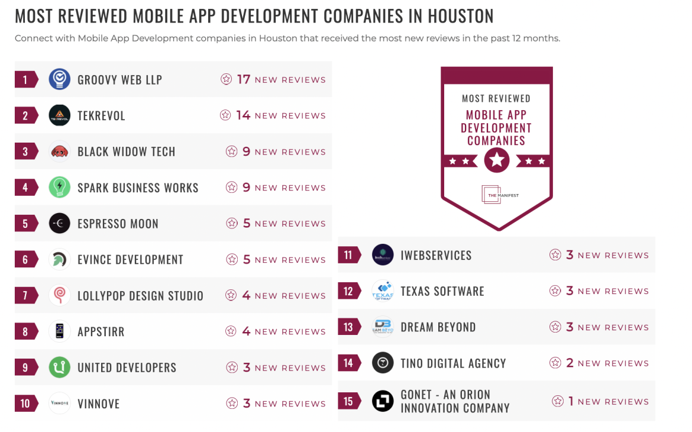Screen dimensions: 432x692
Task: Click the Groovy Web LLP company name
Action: click(119, 80)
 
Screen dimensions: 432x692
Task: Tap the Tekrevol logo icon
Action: click(60, 115)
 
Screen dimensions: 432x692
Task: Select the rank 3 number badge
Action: click(25, 151)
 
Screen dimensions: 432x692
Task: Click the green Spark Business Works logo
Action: click(60, 188)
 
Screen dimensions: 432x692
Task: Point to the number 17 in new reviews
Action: click(244, 79)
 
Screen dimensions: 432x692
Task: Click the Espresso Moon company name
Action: click(118, 224)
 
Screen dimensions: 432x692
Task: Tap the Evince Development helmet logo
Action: click(60, 259)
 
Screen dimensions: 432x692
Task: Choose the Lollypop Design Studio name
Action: click(140, 296)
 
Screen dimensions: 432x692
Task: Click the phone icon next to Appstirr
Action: click(60, 331)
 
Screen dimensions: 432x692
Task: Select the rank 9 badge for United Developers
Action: click(25, 367)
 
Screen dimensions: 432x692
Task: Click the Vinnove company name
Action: click(98, 404)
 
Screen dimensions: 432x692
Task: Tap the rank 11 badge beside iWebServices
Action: click(348, 255)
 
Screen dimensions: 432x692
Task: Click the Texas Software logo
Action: click(383, 291)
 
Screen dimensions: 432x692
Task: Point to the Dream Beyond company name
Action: click(438, 327)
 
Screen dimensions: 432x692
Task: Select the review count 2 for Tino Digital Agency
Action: click(570, 363)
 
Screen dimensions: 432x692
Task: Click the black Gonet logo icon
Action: click(383, 401)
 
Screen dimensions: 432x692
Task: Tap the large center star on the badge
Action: click(496, 160)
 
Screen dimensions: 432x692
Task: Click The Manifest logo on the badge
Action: click(500, 195)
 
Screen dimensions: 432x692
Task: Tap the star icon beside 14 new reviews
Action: click(225, 115)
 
